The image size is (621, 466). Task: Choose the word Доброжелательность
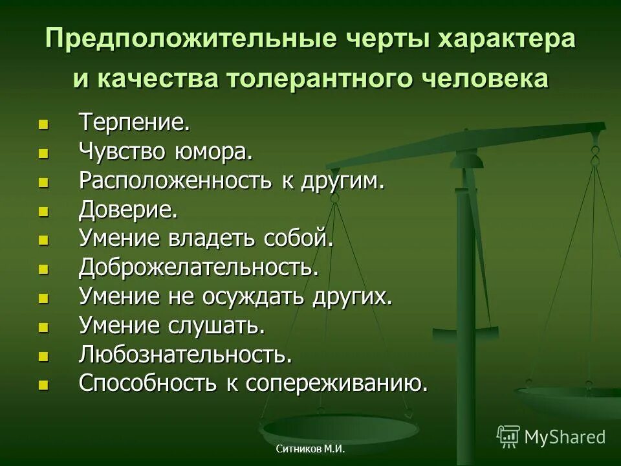point(199,268)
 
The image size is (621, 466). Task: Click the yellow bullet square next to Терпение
point(43,123)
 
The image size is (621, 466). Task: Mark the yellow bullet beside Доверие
point(43,210)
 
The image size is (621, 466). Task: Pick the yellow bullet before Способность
point(43,384)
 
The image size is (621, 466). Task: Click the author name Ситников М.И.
point(310,449)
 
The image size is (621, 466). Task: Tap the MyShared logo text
point(565,436)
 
